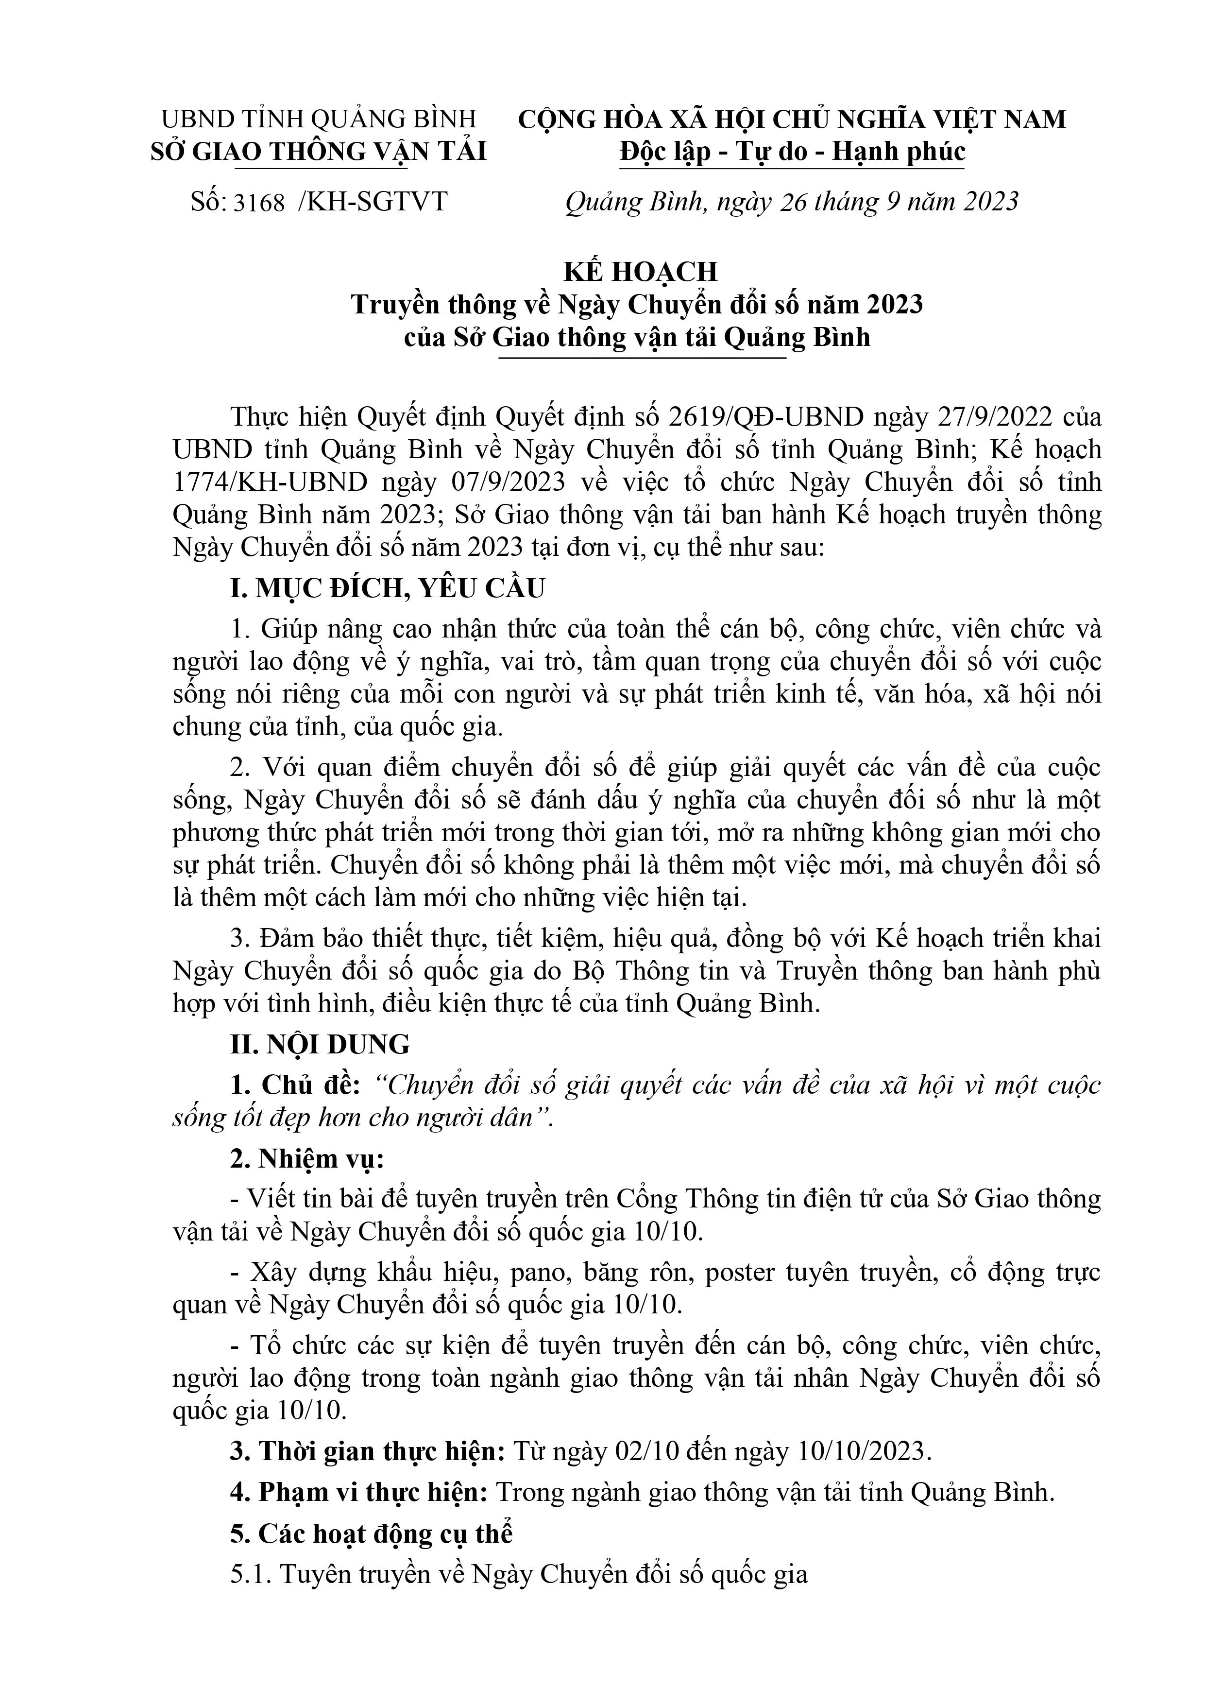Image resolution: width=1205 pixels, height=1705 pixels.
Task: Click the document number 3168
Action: [259, 203]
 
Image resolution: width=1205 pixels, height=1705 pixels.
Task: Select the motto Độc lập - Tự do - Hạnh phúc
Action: [792, 152]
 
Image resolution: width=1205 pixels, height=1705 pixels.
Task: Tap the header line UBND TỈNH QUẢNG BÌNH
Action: [319, 119]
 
